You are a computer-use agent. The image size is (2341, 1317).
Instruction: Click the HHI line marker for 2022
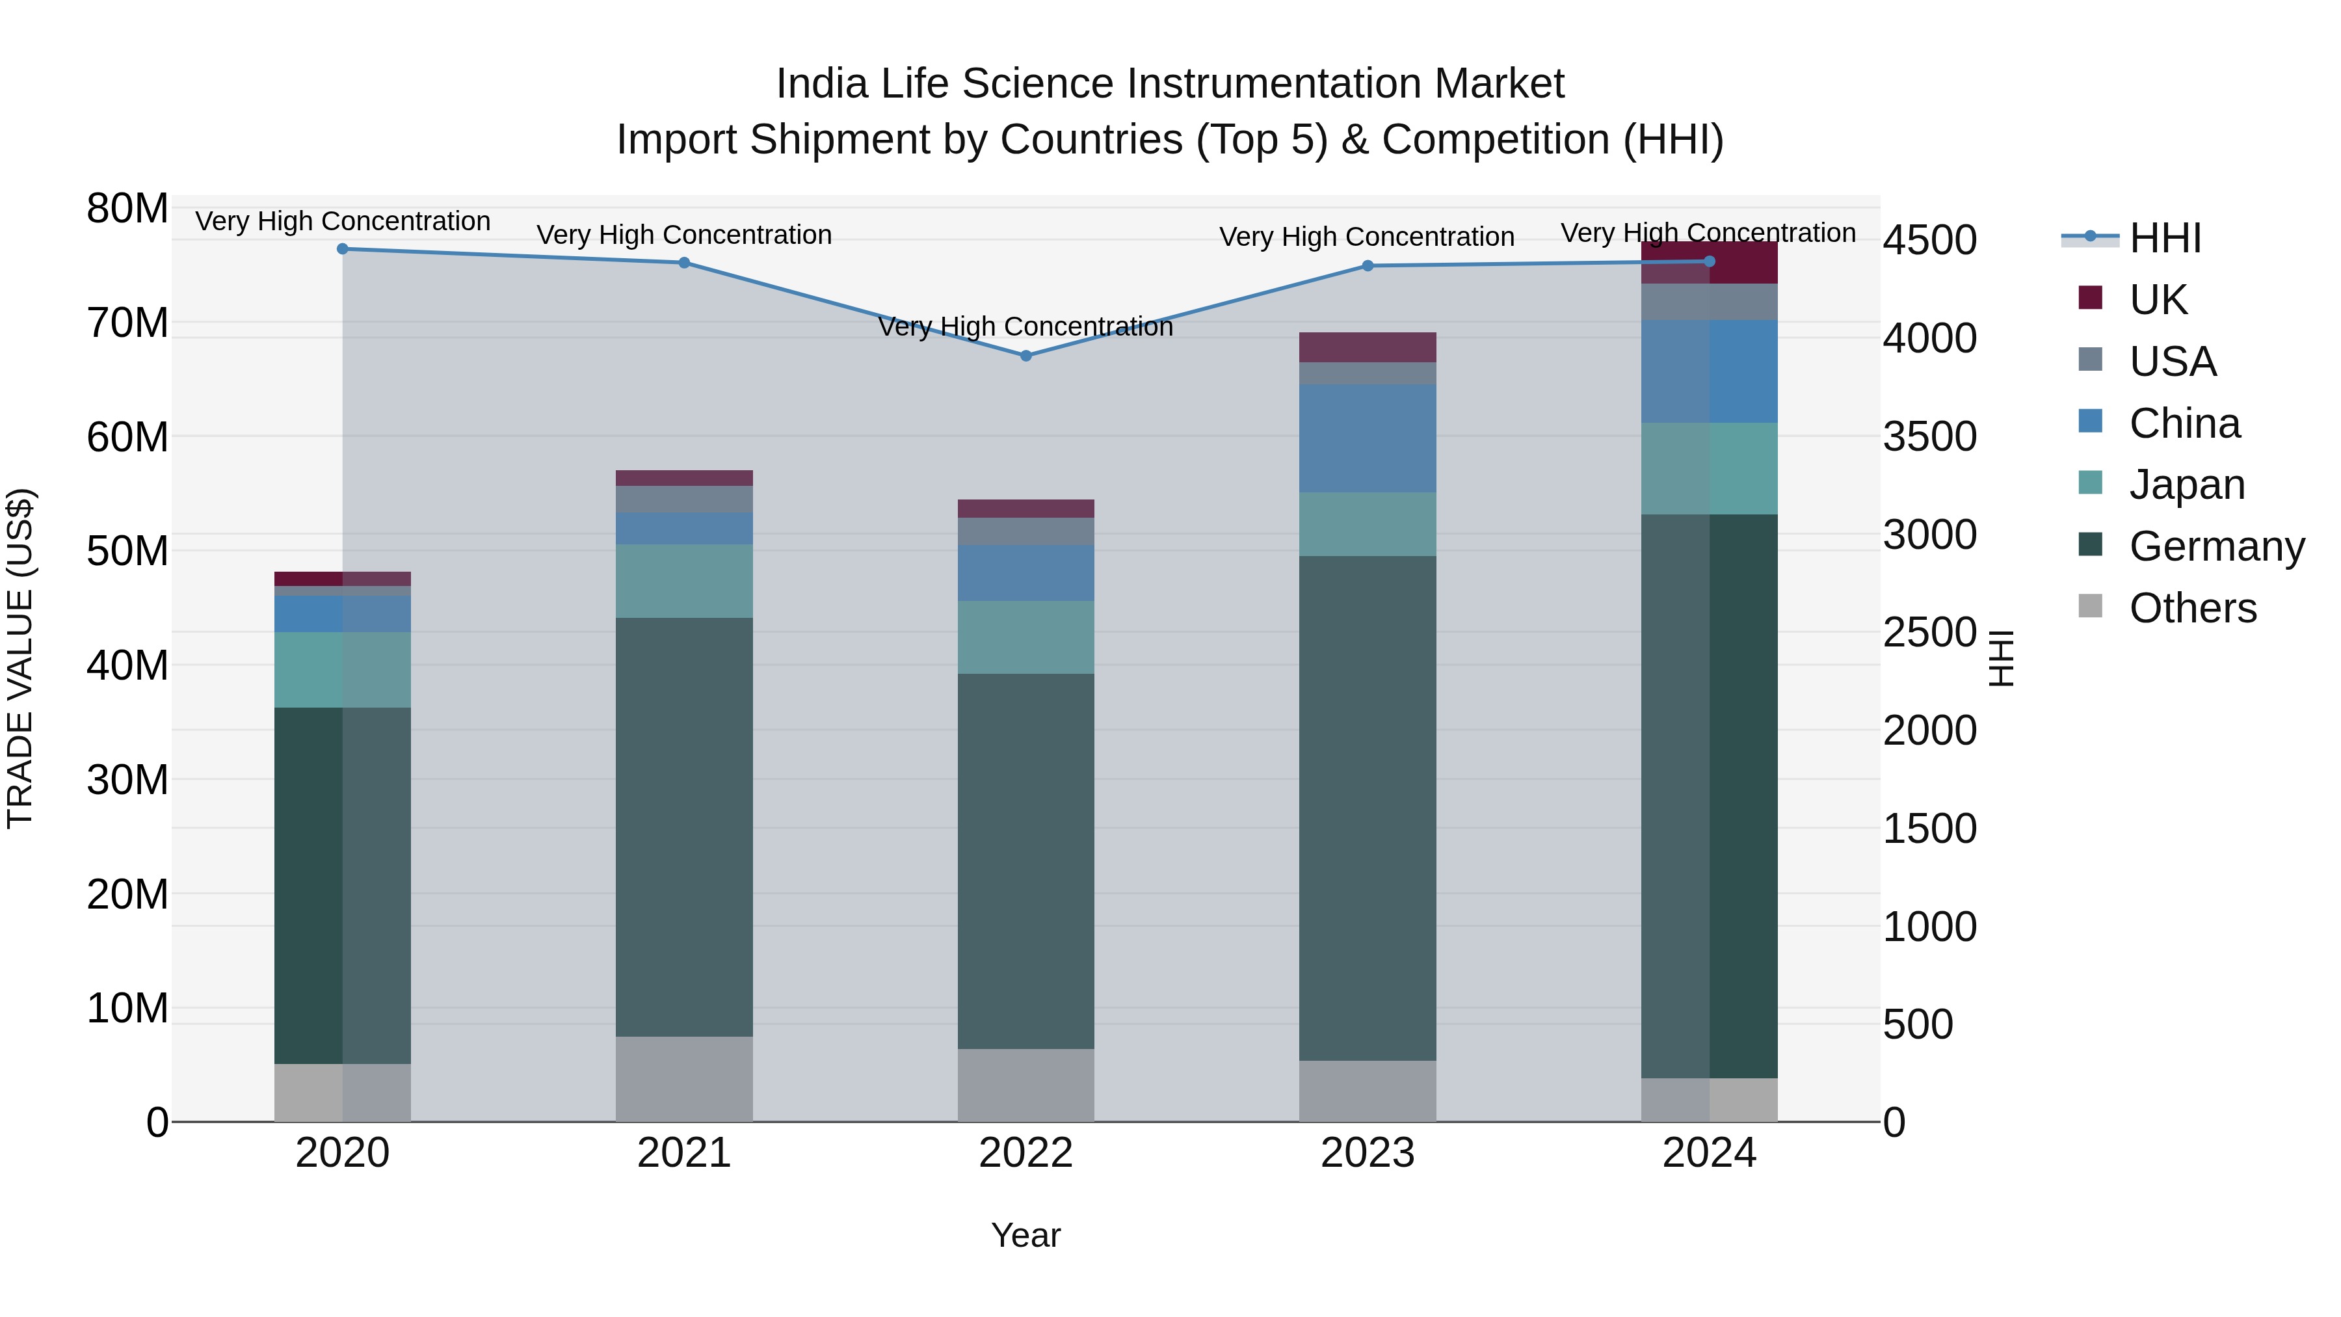coord(1026,355)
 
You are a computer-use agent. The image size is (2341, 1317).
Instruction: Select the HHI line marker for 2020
coord(343,248)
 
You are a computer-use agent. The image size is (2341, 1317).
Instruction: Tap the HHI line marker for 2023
coord(1368,265)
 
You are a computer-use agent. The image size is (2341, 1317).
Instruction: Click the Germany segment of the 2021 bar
coord(684,827)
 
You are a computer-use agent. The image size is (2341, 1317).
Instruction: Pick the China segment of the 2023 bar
coord(1368,438)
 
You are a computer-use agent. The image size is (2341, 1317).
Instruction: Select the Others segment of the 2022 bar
coord(1026,1085)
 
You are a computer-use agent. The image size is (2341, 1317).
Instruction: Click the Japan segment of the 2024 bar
coord(1710,468)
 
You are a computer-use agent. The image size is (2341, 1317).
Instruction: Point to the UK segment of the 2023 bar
coord(1368,347)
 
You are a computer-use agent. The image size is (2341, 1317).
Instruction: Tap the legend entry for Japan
coord(2186,485)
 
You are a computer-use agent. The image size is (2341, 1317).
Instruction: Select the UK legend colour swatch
coord(2090,298)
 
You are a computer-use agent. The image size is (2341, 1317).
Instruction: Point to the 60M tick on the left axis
coord(127,437)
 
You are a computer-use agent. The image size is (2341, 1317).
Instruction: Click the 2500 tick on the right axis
coord(1929,633)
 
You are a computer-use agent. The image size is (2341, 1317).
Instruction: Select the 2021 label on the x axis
coord(684,1153)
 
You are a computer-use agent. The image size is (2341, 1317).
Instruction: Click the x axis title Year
coord(1026,1235)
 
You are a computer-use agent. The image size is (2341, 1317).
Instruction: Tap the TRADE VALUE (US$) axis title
coord(20,658)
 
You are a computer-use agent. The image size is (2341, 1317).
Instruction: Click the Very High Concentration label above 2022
coord(1026,326)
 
